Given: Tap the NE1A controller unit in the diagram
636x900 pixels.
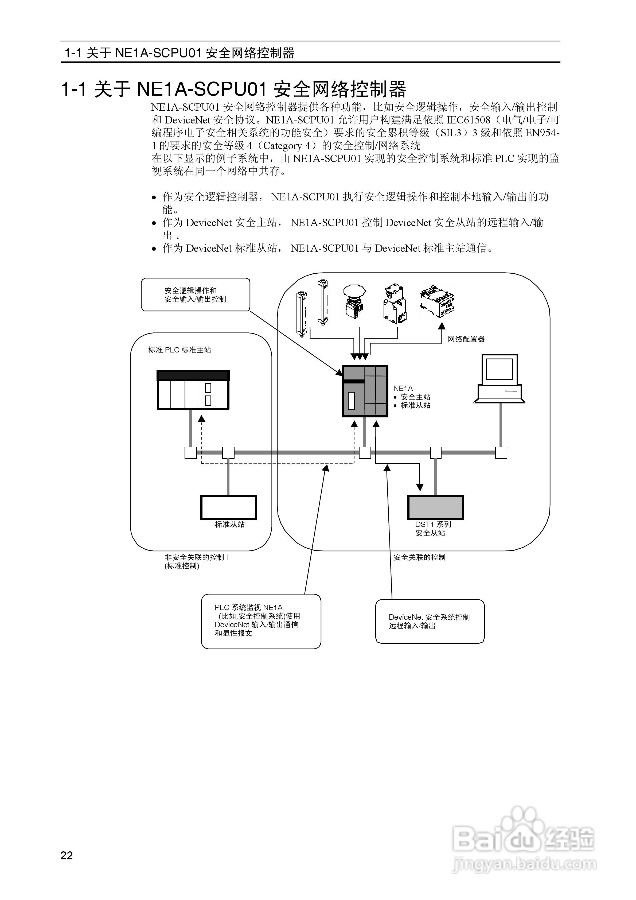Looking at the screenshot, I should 365,391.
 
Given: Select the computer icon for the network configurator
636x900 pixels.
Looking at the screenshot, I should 499,379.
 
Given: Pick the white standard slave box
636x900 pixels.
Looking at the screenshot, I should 228,507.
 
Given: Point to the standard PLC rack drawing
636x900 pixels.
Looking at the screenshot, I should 193,390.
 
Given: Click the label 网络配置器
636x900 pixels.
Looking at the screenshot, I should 466,339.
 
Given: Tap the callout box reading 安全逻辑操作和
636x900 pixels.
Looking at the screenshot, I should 195,295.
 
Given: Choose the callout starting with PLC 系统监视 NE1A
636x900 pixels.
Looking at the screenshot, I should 261,621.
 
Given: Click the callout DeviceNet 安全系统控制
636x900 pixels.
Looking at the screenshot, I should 430,621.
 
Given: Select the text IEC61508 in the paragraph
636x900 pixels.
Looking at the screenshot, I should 468,120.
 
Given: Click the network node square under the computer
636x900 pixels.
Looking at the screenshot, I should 501,453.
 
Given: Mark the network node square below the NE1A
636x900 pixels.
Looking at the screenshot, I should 365,453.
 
